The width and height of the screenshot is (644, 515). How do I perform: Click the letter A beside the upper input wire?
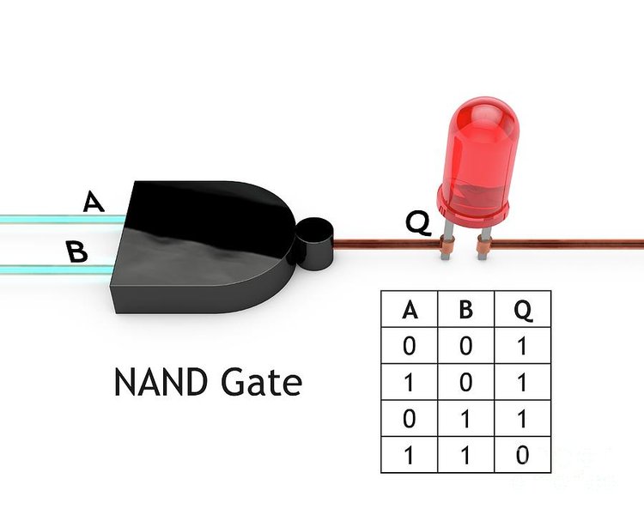[94, 201]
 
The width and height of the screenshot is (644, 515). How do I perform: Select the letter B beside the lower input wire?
[76, 251]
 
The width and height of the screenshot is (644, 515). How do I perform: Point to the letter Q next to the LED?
[418, 223]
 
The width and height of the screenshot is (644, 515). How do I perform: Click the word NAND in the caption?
[161, 382]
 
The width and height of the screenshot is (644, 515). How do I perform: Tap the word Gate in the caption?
[262, 382]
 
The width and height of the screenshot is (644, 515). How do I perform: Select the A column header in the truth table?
[410, 310]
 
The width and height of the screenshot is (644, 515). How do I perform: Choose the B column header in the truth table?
[465, 310]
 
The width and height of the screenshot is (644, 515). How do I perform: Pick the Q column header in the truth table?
[523, 311]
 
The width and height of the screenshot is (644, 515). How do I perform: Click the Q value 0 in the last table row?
[522, 455]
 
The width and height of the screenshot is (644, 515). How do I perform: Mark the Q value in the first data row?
[522, 346]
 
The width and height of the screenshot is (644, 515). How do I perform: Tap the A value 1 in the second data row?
[409, 382]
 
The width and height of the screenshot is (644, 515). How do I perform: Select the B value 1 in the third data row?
[465, 419]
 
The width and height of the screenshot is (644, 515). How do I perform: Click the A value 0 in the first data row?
[409, 346]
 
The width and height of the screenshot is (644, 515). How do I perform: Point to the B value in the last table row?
[465, 455]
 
